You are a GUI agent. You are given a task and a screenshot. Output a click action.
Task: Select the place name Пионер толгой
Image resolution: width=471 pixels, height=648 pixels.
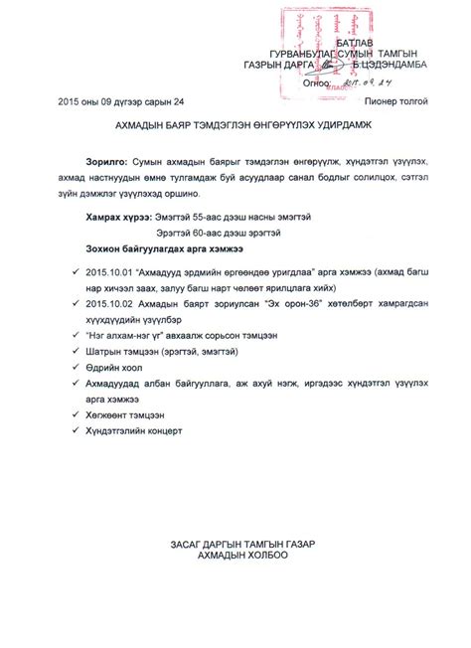(x=395, y=102)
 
